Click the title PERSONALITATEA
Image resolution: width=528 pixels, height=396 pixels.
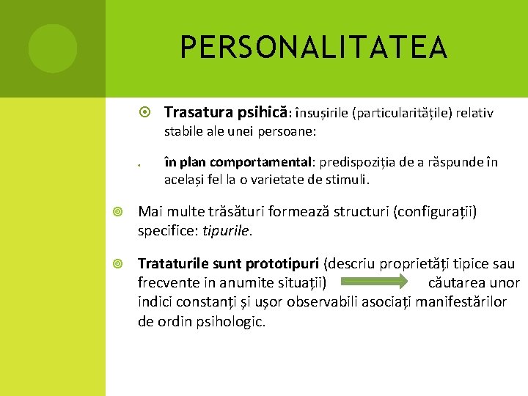314,48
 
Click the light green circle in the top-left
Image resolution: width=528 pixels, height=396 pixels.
53,48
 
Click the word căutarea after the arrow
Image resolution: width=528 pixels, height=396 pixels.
456,283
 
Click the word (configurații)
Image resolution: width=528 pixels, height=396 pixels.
435,212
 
